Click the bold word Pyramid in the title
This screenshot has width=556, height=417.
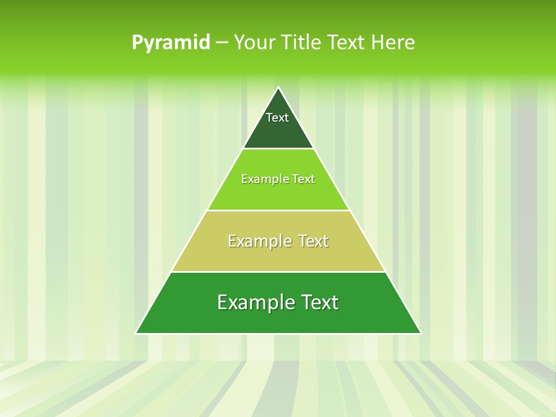171,43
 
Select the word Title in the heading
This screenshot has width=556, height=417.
302,43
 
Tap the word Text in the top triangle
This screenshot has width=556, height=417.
277,118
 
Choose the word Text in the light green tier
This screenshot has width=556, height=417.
304,179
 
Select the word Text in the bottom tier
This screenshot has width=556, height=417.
317,302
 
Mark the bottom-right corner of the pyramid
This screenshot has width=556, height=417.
420,333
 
